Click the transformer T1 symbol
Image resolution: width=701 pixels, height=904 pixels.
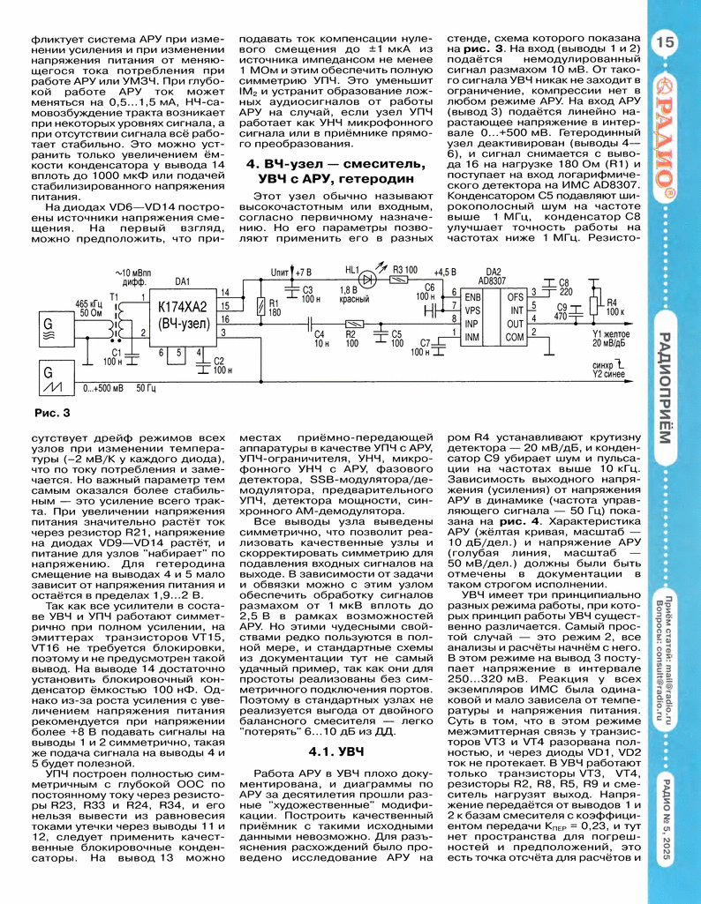coord(113,323)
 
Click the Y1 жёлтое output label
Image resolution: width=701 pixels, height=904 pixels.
coord(613,335)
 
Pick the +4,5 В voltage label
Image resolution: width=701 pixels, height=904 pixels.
coord(446,271)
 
